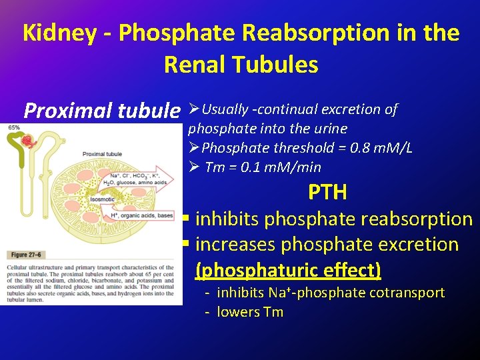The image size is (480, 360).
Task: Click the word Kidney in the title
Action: [59, 33]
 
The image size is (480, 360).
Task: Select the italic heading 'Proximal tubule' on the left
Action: [101, 110]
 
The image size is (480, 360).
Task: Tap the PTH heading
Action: [327, 193]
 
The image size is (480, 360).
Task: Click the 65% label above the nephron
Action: [14, 127]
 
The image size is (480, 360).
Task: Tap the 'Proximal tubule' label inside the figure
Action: [102, 154]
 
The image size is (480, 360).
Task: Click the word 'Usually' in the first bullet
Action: [225, 109]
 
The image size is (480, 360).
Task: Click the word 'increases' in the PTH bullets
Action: [236, 245]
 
